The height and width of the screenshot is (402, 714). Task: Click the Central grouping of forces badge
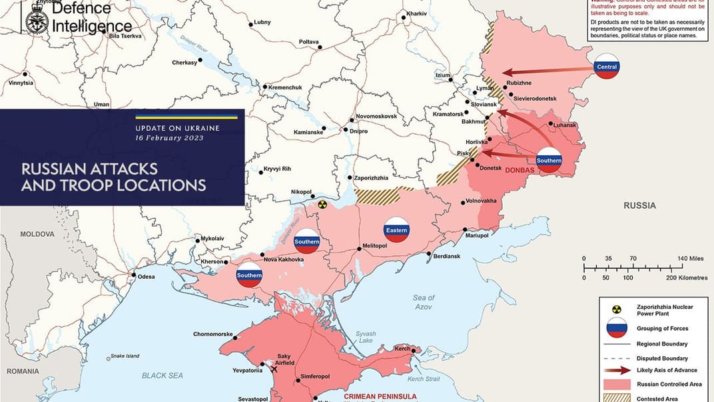pos(607,66)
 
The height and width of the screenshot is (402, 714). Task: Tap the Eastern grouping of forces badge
pos(396,230)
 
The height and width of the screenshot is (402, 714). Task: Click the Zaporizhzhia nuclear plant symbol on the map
pos(323,205)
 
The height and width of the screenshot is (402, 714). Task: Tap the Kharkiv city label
pos(416,14)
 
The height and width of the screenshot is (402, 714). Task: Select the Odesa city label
pos(146,277)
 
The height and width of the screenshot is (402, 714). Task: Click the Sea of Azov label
pos(423,302)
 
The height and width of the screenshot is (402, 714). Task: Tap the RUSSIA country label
pos(639,206)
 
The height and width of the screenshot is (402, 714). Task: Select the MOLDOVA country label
pos(37,235)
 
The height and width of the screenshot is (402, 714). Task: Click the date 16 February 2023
pos(169,138)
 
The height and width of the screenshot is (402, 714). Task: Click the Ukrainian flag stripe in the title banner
pos(186,117)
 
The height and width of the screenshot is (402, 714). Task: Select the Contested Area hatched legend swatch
pos(617,399)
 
